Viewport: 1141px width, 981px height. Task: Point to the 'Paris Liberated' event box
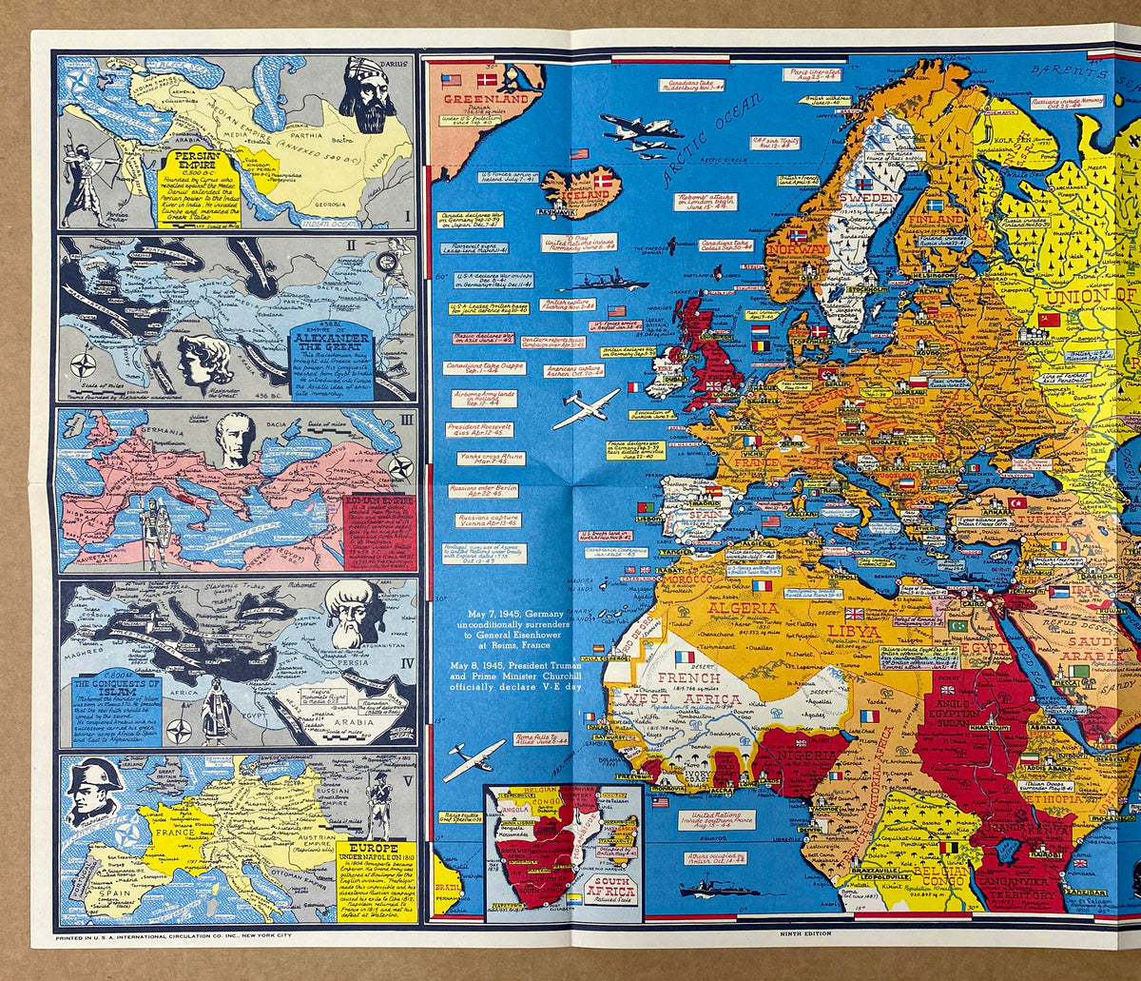click(x=812, y=73)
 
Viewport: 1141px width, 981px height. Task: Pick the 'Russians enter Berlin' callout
click(x=480, y=491)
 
